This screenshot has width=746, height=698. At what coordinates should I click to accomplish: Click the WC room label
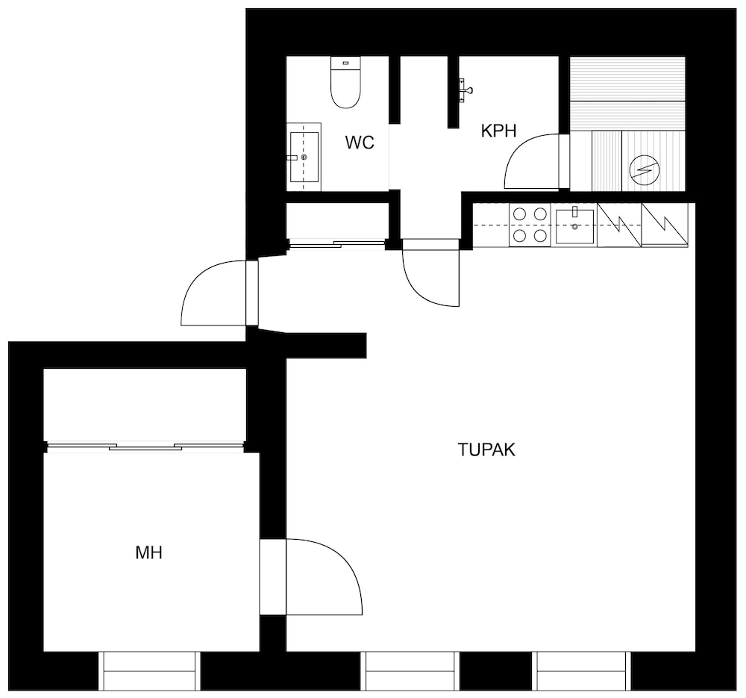click(359, 143)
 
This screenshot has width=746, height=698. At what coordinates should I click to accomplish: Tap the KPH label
click(499, 132)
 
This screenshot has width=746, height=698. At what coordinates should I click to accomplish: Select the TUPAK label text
click(486, 450)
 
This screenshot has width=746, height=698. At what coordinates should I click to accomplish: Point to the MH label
click(149, 553)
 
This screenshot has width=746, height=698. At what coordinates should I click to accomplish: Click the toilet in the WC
click(345, 84)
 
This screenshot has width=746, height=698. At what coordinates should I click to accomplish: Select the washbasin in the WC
click(304, 158)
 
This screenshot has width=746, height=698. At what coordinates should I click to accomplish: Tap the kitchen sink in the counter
click(574, 226)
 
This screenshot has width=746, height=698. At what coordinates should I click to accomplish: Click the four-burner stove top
click(528, 225)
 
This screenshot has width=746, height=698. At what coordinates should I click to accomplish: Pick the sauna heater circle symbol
click(642, 172)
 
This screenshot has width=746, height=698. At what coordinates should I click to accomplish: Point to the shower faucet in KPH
click(466, 91)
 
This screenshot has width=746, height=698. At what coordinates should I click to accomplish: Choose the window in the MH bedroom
click(148, 670)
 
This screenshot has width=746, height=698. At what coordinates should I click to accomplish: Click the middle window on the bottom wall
click(409, 670)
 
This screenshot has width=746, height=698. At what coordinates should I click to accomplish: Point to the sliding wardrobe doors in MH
click(146, 447)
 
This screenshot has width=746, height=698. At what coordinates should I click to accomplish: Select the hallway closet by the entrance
click(336, 222)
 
